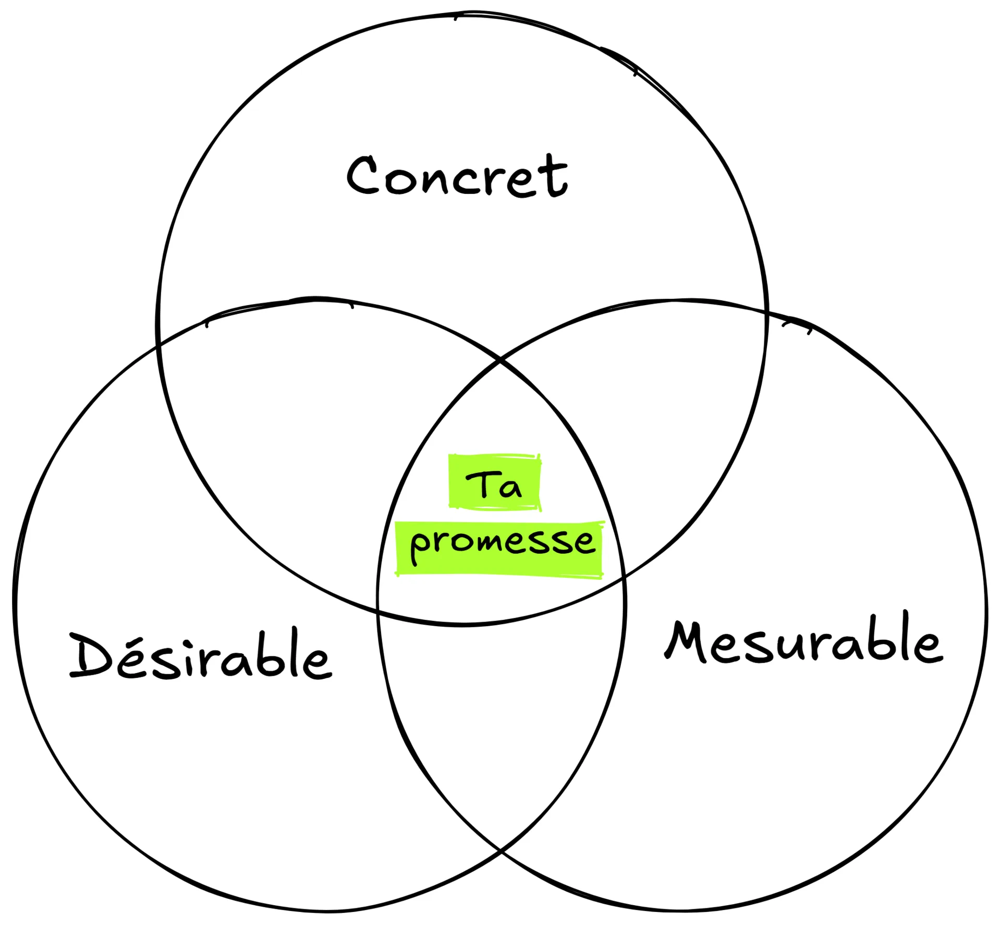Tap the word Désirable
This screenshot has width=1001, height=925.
[201, 655]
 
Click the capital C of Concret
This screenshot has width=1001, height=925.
[363, 176]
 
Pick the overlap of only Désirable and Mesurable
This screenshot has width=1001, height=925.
[500, 720]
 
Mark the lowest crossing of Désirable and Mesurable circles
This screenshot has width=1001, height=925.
[500, 851]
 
